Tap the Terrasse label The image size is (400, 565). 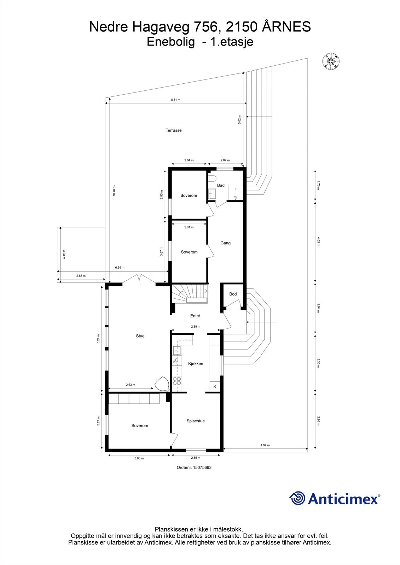coord(174,130)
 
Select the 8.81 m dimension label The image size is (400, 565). coord(175,100)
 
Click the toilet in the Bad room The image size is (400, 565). coord(212,179)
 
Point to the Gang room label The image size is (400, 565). coord(225,243)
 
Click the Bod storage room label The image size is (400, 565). coord(233,294)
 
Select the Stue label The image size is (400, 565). coord(140,336)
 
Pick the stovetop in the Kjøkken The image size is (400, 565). coord(176,381)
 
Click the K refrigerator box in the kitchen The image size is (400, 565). coord(215,386)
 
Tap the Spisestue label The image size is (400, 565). coord(196,421)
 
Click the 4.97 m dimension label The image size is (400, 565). coord(265,445)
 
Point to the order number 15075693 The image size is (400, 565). coord(194,468)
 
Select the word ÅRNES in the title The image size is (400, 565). coord(286,27)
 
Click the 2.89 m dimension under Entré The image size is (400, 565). coord(196,326)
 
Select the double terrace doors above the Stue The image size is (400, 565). coord(139,280)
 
